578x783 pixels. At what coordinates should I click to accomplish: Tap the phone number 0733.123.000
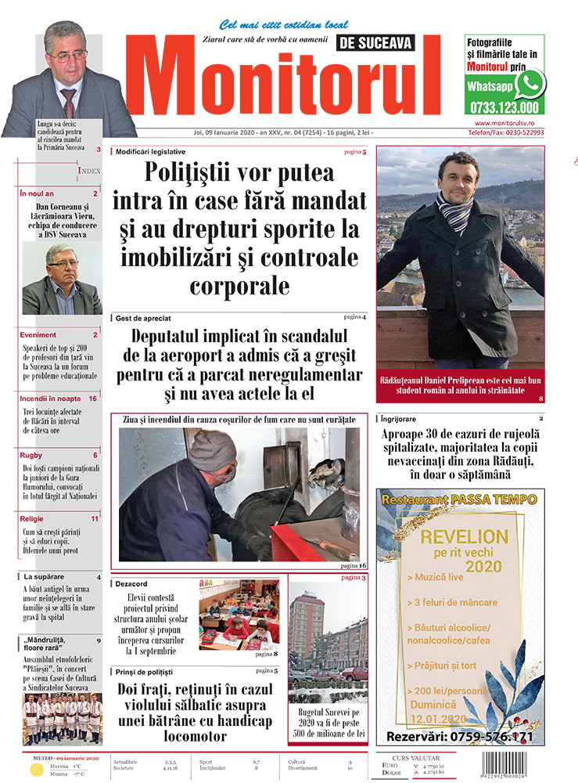tap(505, 108)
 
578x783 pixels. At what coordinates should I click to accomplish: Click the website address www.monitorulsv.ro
tap(509, 124)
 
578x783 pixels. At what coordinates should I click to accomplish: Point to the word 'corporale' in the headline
tap(239, 283)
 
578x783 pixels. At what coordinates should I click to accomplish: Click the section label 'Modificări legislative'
tap(151, 150)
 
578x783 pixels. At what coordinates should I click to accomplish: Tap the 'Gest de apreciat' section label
tap(143, 319)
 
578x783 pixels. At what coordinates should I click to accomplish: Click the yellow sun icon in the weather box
tap(35, 770)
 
